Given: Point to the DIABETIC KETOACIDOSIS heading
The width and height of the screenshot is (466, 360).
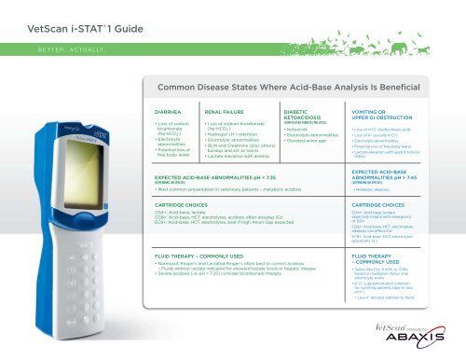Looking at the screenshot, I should pyautogui.click(x=299, y=113).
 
